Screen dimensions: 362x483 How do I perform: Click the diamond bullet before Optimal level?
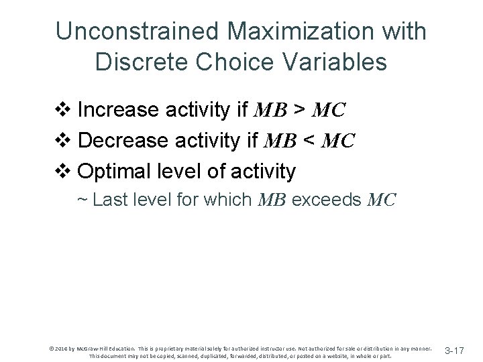pyautogui.click(x=66, y=172)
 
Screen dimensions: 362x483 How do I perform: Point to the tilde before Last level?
pyautogui.click(x=83, y=200)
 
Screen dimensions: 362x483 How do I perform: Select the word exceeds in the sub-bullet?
pyautogui.click(x=329, y=199)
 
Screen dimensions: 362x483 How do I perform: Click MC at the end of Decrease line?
pyautogui.click(x=337, y=141)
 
